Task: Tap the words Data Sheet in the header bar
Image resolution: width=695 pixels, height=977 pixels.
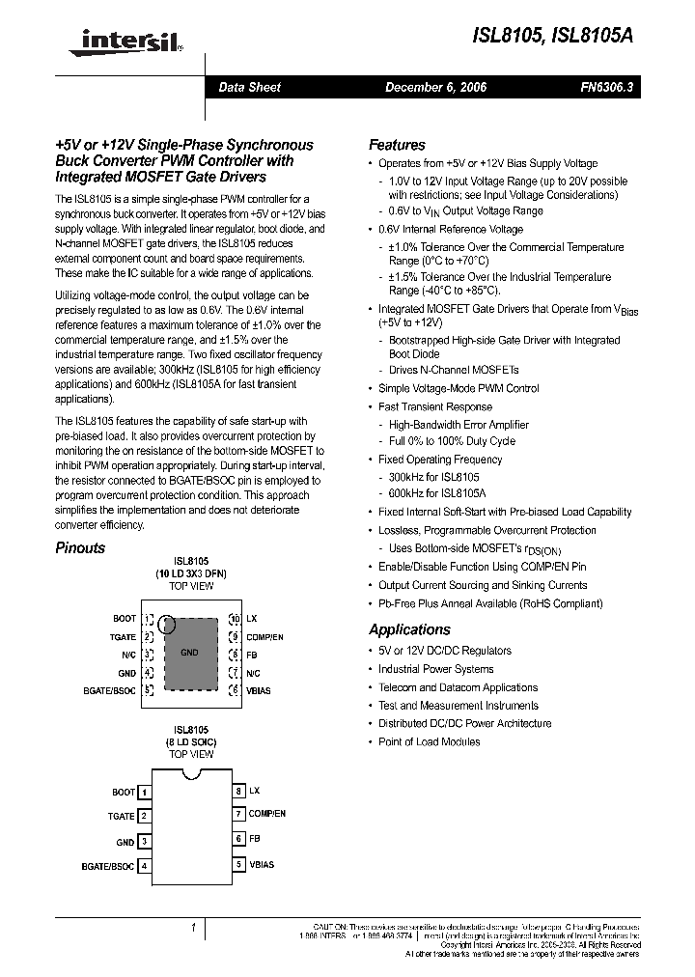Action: (x=249, y=87)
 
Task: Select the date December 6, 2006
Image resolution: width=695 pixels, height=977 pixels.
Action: (x=435, y=87)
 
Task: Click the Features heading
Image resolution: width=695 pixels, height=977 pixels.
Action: (x=397, y=145)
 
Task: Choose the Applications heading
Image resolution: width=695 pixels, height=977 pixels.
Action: (x=409, y=629)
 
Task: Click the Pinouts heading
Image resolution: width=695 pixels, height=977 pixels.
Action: (x=80, y=547)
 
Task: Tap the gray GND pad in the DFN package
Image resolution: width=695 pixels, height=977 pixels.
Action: (x=189, y=654)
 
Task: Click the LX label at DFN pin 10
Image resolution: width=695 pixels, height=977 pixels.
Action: (x=252, y=618)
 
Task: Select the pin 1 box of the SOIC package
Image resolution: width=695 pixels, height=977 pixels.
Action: (x=145, y=792)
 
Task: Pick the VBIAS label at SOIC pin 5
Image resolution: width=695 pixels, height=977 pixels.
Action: (x=261, y=865)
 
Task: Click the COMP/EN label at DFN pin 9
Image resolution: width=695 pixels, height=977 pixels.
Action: (x=264, y=637)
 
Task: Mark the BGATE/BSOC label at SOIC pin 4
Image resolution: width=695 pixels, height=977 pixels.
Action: (x=108, y=866)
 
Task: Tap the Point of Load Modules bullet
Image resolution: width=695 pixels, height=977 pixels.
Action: (x=429, y=741)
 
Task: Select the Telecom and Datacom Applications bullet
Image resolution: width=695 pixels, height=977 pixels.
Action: (x=458, y=687)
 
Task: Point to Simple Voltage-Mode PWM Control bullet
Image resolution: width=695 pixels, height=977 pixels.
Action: (x=459, y=388)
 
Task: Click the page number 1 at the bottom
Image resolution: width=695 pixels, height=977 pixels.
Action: (x=193, y=928)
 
